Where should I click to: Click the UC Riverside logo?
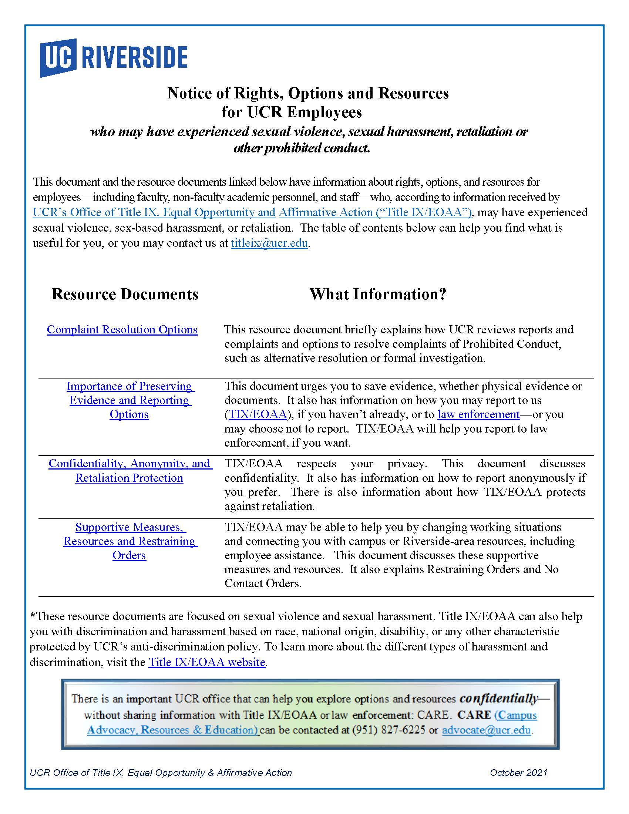[113, 58]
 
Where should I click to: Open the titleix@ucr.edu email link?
[269, 243]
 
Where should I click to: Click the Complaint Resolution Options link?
[122, 329]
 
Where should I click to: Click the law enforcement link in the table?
[478, 414]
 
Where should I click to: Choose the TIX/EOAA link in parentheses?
[258, 414]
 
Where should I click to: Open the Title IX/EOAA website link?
[207, 662]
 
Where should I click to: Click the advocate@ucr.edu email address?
[486, 730]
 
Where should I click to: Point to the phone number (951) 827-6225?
[389, 730]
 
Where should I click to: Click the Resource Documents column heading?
[125, 294]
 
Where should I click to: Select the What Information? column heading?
[378, 294]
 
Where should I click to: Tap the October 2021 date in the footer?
[518, 773]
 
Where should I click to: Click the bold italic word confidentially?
[499, 698]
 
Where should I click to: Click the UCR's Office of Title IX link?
[154, 212]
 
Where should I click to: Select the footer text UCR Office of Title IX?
[161, 773]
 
